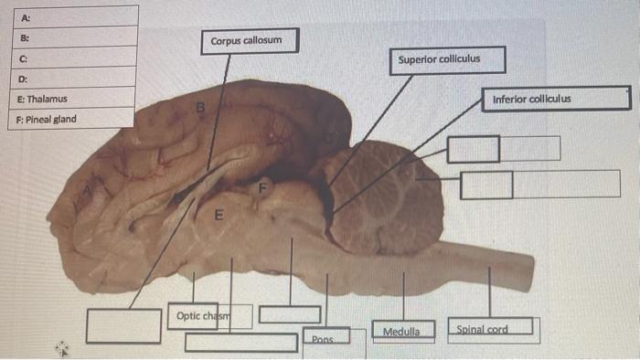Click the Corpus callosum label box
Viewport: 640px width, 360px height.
[252, 42]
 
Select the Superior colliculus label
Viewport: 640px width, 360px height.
[438, 60]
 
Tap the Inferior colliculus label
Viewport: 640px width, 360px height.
[556, 99]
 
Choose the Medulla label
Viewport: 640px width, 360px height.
[400, 331]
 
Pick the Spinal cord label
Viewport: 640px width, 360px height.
[490, 330]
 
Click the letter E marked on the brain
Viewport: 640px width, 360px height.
[218, 217]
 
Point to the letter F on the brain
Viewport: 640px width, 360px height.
[262, 188]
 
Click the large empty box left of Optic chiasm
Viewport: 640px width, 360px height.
[123, 325]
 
